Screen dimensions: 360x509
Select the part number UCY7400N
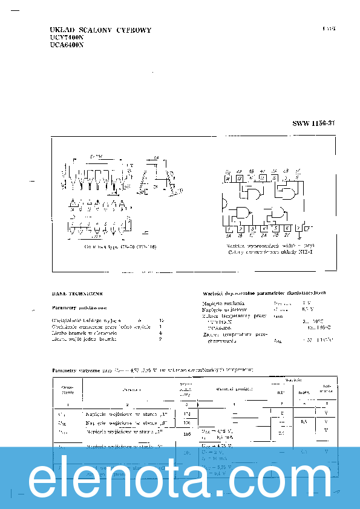point(67,37)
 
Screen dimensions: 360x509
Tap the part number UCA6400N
point(67,44)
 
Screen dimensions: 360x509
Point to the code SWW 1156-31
point(313,123)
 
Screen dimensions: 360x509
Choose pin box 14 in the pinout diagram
point(227,179)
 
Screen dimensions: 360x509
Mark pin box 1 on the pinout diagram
point(228,229)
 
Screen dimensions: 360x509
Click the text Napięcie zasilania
point(224,302)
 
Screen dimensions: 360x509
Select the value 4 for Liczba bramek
point(160,332)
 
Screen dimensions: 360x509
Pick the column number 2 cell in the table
point(127,404)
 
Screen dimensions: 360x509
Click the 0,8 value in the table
point(304,421)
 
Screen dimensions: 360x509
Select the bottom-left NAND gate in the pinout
point(245,212)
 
